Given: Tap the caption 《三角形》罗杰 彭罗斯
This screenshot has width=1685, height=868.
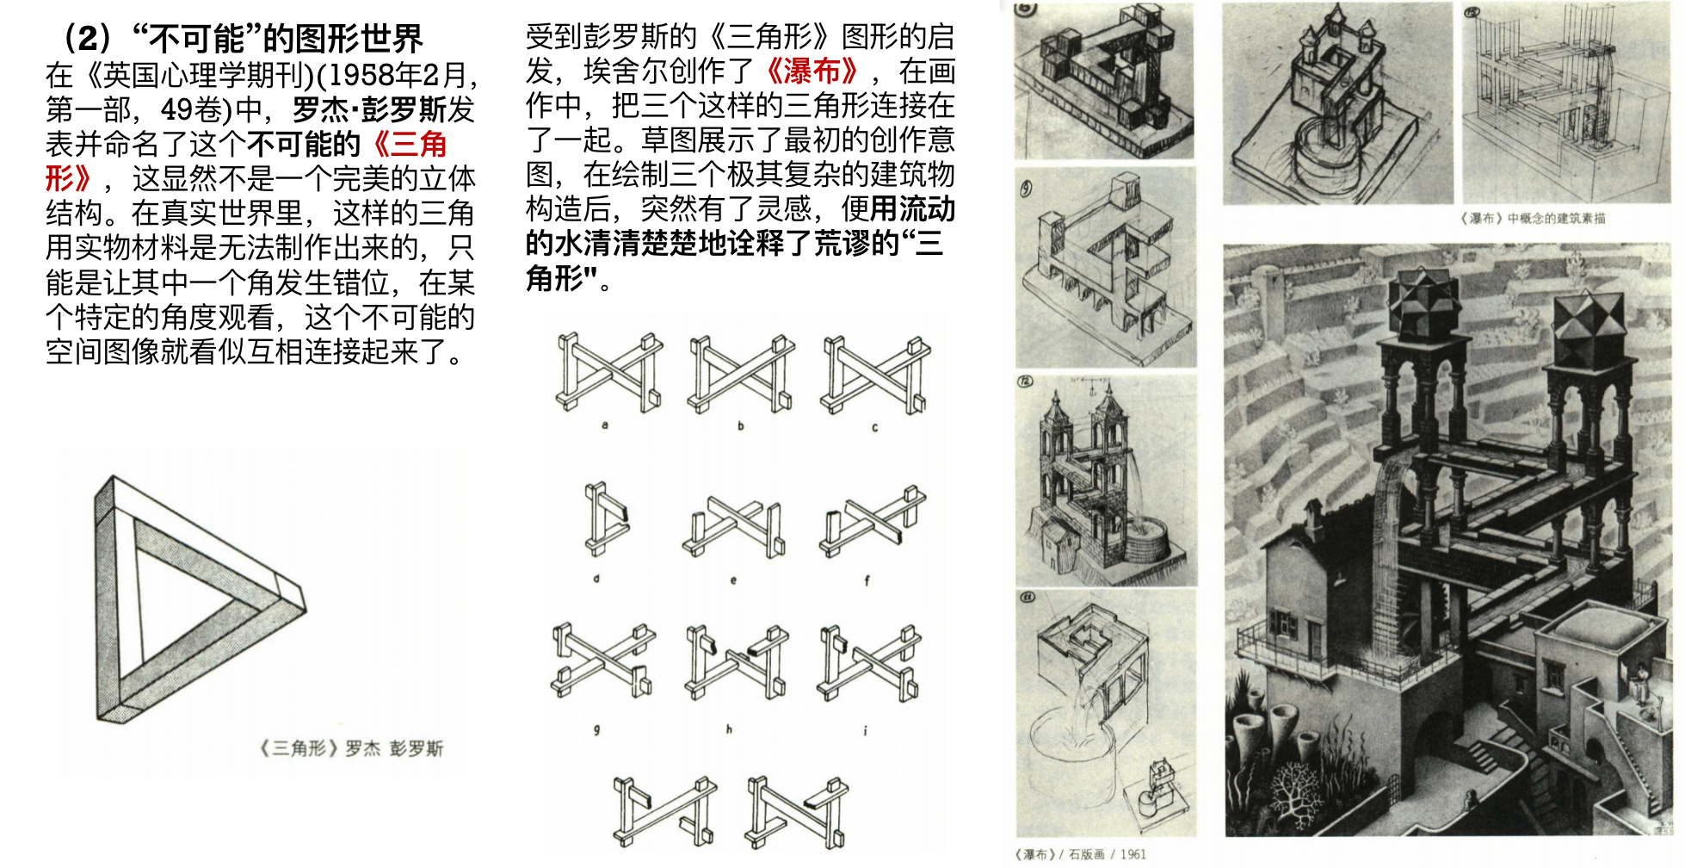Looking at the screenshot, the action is [351, 748].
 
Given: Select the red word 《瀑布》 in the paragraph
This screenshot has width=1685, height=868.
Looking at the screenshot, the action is [812, 71].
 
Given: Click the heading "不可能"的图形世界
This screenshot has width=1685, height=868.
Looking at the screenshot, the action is [277, 38].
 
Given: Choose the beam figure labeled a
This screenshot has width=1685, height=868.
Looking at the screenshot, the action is [609, 372].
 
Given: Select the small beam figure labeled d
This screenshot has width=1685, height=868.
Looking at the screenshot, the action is [606, 518].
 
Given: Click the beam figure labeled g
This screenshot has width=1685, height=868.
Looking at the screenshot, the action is [603, 660].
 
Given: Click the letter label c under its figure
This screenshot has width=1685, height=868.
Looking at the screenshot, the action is [874, 427].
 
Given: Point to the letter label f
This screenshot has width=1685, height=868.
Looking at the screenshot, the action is [867, 580].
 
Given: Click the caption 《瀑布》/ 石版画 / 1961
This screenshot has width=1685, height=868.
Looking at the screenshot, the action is [1080, 854].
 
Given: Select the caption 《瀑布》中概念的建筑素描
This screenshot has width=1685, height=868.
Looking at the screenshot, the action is [1532, 218].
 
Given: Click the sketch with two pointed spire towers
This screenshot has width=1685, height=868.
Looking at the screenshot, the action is [1106, 480].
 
